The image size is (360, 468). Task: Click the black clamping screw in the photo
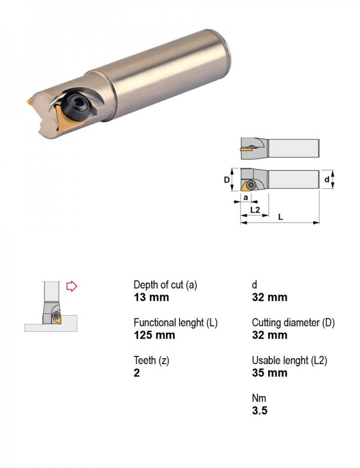point(76,106)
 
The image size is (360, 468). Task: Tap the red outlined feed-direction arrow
point(71,286)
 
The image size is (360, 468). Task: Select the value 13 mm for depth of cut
point(151,297)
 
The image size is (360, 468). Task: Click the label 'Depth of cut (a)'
point(166,285)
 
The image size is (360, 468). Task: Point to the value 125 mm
point(154,335)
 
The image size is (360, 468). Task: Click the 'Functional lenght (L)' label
point(176,323)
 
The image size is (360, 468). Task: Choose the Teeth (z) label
point(151,361)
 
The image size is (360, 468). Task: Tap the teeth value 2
point(137,373)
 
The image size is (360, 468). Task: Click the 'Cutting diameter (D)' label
point(293,323)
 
